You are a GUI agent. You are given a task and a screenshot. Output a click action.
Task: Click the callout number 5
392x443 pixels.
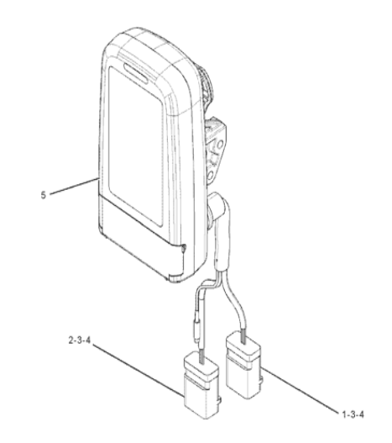point(43,195)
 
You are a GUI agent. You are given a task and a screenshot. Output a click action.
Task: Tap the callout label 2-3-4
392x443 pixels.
point(79,340)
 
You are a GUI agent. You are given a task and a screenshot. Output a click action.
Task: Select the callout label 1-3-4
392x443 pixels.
point(353,414)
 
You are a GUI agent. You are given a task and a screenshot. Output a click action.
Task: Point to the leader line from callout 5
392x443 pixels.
point(74,186)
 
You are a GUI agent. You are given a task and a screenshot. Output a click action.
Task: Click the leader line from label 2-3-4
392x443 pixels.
point(138,370)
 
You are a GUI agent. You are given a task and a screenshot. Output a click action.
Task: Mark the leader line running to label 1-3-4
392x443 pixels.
point(300,390)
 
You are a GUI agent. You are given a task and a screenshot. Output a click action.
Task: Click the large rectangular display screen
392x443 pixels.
point(136,146)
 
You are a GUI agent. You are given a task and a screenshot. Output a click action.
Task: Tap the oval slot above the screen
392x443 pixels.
point(135,72)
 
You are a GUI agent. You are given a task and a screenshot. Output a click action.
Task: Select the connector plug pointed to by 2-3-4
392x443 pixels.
point(201,385)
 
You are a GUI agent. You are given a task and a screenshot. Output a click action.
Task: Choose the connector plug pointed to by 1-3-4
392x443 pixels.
point(243,365)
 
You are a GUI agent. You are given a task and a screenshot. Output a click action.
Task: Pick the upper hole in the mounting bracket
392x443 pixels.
point(219,145)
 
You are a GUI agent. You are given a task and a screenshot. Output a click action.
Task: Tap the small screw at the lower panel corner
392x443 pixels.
point(184,248)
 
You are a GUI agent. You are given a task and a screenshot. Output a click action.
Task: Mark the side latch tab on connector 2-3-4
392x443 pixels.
point(220,401)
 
